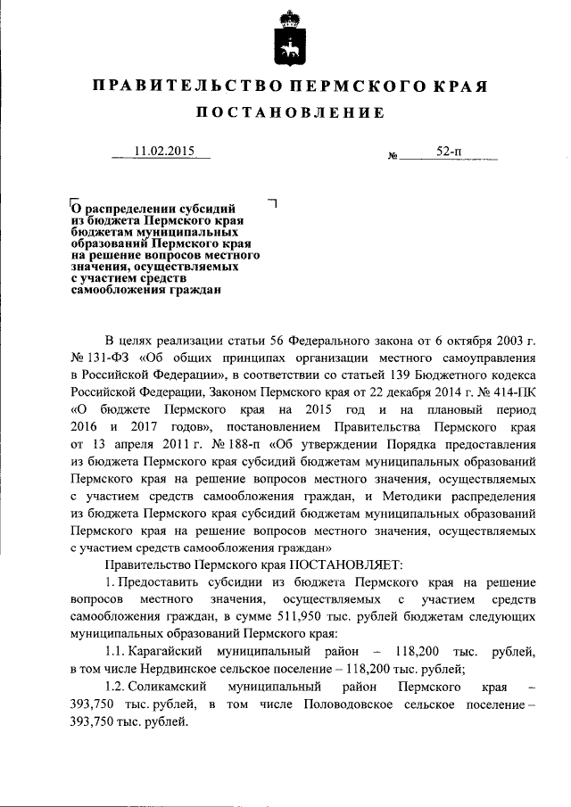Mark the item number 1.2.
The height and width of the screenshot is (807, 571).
click(115, 688)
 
